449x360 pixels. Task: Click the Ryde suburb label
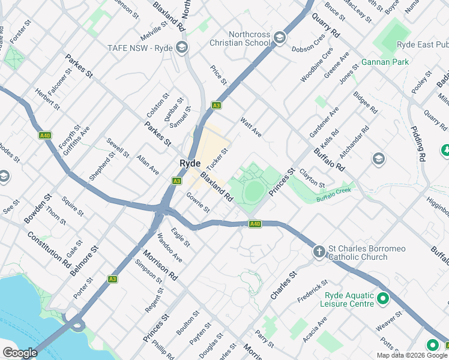(x=190, y=163)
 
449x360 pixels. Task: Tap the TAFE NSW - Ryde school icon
(x=181, y=48)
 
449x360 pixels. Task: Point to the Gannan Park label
(x=385, y=62)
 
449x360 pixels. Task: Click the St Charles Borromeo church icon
(x=319, y=251)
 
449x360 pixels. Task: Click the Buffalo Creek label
(x=333, y=194)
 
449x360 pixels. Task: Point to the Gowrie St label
(x=197, y=202)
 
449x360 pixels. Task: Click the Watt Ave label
(x=251, y=127)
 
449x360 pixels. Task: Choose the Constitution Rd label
(x=49, y=248)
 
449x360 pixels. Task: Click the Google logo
(x=20, y=353)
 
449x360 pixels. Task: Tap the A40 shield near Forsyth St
(x=44, y=136)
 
